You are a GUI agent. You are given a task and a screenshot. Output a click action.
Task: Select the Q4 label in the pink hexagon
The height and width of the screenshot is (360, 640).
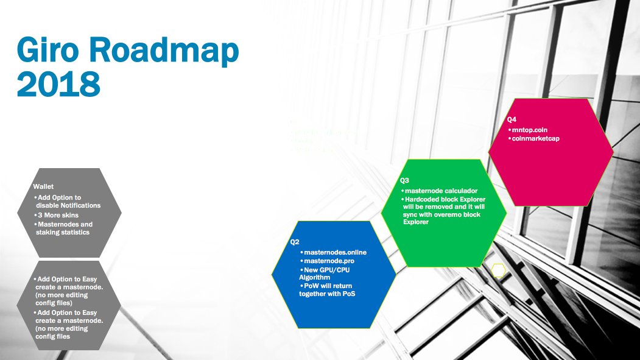[x=512, y=120]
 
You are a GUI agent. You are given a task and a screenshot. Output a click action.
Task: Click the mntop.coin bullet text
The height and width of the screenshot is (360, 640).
[x=531, y=130]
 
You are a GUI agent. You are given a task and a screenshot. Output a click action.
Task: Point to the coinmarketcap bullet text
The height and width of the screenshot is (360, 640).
[x=537, y=139]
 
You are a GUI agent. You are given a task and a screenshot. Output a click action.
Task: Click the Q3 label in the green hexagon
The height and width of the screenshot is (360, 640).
[x=405, y=181]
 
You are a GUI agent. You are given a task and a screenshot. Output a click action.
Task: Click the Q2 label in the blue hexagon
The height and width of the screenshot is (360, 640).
[x=295, y=242]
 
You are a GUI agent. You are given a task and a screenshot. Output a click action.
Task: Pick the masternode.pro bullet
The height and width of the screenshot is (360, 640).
[x=328, y=261]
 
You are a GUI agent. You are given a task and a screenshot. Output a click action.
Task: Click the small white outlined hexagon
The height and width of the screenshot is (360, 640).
[x=498, y=270]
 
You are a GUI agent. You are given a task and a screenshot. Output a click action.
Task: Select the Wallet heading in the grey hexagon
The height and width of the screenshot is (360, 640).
[x=43, y=187]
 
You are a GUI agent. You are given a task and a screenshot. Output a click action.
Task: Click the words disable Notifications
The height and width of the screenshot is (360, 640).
[x=68, y=205]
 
